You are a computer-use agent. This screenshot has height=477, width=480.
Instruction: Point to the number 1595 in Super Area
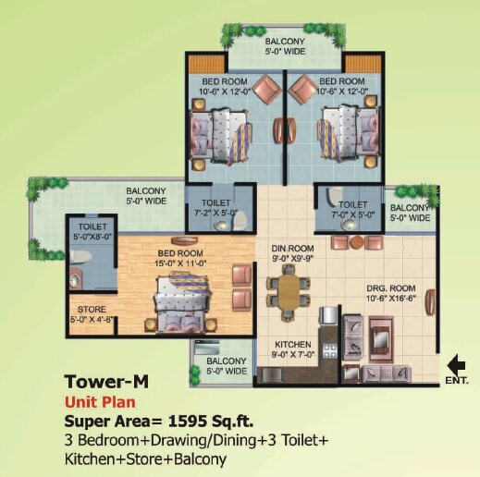(x=186, y=421)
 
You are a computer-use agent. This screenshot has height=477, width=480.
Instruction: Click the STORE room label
(x=91, y=310)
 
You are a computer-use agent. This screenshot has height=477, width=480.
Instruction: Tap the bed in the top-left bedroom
(x=225, y=128)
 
